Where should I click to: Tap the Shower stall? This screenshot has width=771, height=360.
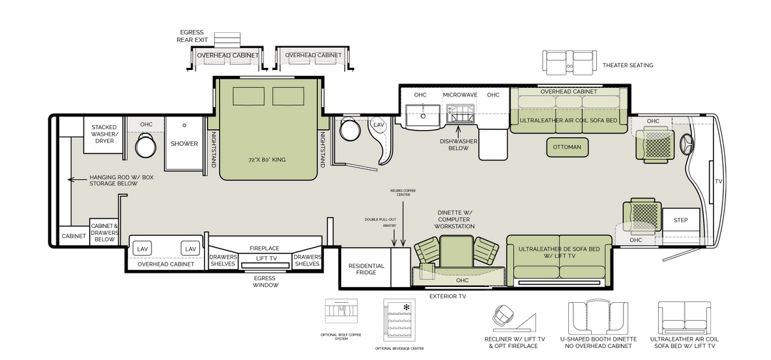(x=183, y=144)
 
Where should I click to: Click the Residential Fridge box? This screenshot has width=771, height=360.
(x=366, y=271)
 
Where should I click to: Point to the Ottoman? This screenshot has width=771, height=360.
(x=568, y=148)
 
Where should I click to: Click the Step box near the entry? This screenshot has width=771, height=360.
(x=680, y=220)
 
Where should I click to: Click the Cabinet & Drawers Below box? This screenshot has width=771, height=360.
(x=104, y=232)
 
